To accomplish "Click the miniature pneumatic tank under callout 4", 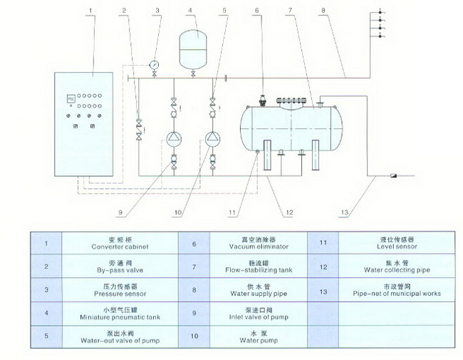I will tap(191, 44).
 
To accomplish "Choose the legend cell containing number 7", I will tap(194, 267).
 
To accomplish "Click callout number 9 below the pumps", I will tap(121, 211).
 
